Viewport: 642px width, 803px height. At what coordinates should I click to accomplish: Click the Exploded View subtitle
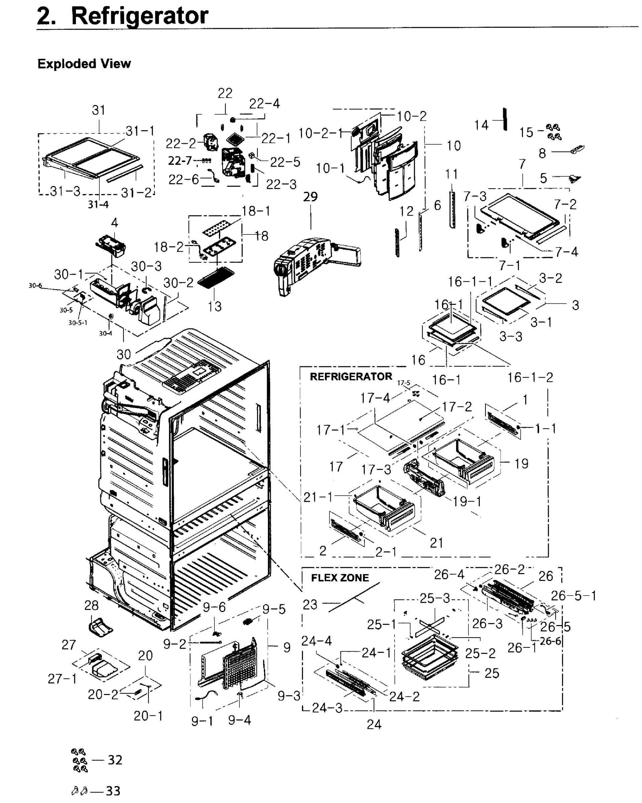pos(84,64)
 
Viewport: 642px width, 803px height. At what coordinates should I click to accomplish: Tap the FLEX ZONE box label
pos(339,578)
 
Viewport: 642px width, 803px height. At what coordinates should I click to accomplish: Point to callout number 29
pos(310,197)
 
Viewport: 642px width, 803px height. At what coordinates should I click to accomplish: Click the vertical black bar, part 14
pos(505,119)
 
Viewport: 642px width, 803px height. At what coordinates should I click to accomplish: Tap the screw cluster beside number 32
pos(79,760)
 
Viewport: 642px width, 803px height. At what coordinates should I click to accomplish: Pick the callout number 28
pos(91,605)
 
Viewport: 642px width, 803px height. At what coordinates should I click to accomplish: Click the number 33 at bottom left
pos(113,790)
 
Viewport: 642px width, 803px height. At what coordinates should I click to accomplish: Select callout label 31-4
pos(98,204)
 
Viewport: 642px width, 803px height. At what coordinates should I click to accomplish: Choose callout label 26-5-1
pos(573,596)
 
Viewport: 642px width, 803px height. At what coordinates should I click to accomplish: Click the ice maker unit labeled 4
pos(111,245)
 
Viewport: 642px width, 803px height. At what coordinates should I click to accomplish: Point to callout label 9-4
pos(239,720)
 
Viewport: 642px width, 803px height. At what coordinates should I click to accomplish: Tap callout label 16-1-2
pos(530,377)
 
